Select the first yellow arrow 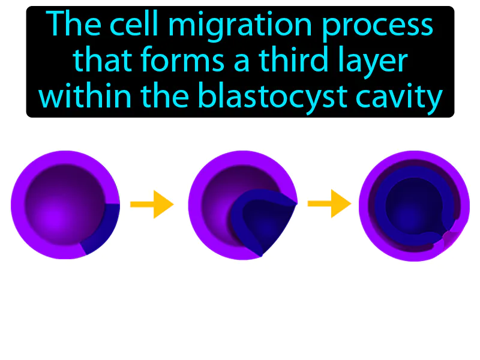(151, 205)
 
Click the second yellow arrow (329, 204)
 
